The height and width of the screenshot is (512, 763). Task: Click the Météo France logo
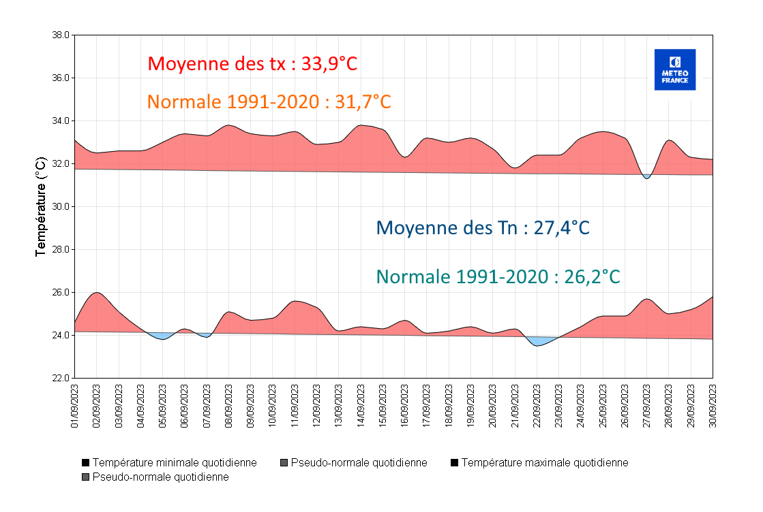point(674,69)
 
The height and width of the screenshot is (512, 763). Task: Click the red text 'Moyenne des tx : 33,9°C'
point(252,64)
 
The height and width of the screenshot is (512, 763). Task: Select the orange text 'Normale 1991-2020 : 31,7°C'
point(269,102)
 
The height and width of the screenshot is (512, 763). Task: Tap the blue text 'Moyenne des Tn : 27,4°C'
point(483,227)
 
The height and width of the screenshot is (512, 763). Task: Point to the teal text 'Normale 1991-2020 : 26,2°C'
point(498,277)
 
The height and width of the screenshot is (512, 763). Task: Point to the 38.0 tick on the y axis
point(61,35)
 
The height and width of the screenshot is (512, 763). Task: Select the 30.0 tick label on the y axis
point(61,207)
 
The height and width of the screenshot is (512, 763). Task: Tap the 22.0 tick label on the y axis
point(61,379)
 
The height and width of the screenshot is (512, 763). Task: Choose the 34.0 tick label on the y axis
point(61,121)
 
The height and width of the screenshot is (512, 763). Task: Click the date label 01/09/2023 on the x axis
point(75,406)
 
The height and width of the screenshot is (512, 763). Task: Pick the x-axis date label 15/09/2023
point(383,406)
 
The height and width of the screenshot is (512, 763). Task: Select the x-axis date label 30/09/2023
point(713,406)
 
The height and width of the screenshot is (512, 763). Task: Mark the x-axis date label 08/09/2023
point(229,406)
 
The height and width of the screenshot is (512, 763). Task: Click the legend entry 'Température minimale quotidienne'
point(168,463)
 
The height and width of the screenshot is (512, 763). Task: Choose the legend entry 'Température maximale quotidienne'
point(539,463)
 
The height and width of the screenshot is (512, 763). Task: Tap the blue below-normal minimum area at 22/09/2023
point(540,341)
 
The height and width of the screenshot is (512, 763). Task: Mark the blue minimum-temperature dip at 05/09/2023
point(162,336)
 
